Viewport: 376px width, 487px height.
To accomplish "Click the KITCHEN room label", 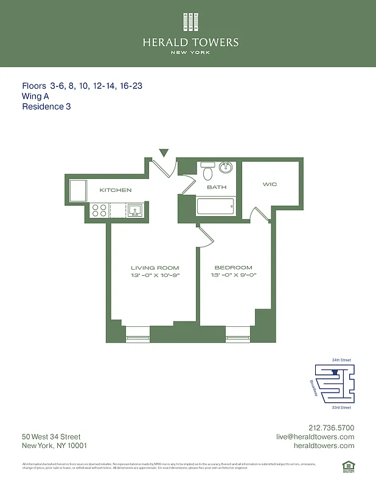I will click(116, 191).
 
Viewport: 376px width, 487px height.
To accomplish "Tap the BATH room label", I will click(217, 187).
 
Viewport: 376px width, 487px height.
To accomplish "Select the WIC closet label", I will click(270, 184).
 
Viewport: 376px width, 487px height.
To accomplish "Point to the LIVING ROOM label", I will click(155, 268).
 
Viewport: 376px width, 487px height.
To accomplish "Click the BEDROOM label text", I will click(233, 268).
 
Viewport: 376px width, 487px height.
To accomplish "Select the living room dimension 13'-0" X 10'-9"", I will click(155, 276).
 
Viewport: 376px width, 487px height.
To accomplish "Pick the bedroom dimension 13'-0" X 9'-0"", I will click(233, 276).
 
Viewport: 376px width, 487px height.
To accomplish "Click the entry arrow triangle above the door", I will click(163, 153).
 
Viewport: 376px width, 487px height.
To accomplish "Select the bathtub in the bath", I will click(216, 206).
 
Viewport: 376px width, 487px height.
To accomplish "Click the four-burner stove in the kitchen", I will click(99, 211).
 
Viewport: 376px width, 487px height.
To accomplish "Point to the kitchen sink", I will click(135, 211).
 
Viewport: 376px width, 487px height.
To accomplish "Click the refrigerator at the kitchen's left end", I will click(79, 191).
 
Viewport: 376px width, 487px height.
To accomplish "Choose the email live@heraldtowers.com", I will click(315, 437).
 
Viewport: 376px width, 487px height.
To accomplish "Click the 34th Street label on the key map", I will click(341, 360).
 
